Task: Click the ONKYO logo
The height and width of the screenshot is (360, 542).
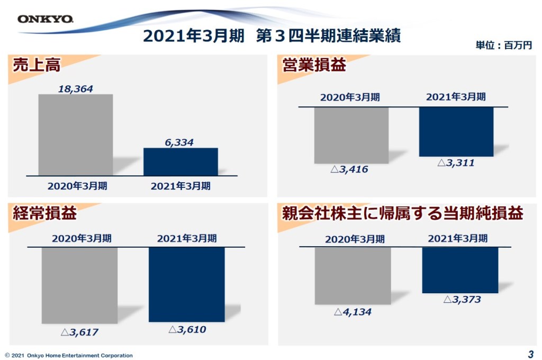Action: (x=45, y=20)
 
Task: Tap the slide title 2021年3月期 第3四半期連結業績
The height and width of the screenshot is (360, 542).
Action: (x=272, y=36)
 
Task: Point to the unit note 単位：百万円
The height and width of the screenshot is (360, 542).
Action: (x=503, y=46)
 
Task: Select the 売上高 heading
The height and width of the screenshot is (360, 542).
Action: (x=37, y=65)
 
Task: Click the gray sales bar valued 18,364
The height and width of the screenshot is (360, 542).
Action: (x=76, y=134)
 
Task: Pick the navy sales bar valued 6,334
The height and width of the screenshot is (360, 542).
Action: (x=180, y=161)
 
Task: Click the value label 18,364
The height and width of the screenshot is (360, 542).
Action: (x=75, y=89)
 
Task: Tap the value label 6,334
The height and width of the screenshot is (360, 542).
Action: (x=179, y=142)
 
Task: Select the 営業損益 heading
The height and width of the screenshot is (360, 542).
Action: (x=314, y=65)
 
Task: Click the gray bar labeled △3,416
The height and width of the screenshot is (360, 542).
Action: (x=351, y=135)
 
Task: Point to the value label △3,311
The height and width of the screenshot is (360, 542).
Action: (x=456, y=163)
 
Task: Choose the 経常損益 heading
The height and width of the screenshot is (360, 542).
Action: (x=45, y=213)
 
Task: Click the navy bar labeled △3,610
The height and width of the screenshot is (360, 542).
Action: (x=186, y=284)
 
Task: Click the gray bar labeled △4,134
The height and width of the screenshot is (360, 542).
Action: (x=353, y=275)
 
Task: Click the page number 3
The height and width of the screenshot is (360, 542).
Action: (x=530, y=354)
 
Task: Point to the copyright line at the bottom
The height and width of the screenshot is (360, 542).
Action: (x=69, y=355)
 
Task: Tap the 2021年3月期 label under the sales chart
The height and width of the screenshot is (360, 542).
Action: (x=180, y=186)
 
